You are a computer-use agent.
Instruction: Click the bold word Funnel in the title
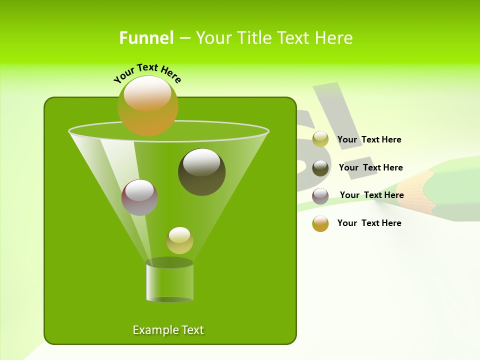click(x=146, y=38)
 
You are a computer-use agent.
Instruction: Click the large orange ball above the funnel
click(x=148, y=105)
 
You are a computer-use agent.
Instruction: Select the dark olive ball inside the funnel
click(x=201, y=172)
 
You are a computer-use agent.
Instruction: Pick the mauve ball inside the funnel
click(x=139, y=197)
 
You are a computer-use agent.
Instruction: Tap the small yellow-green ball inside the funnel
click(x=179, y=240)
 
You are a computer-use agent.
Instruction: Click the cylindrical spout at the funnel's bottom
click(x=169, y=282)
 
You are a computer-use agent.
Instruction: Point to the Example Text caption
click(x=168, y=330)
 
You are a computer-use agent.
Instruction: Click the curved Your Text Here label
click(x=147, y=72)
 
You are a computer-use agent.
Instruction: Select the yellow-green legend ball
click(x=320, y=139)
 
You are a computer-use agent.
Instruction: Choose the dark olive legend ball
click(x=320, y=168)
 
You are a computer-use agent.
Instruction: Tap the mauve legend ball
click(x=320, y=196)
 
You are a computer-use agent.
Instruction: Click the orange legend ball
click(x=320, y=223)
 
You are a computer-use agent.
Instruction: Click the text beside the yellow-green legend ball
click(x=369, y=139)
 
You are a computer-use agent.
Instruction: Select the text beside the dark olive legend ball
click(x=370, y=167)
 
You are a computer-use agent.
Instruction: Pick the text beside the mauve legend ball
click(x=371, y=195)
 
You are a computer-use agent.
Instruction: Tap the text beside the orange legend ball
click(x=369, y=223)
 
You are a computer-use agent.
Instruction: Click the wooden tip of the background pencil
click(x=410, y=187)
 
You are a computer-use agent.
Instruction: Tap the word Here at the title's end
click(x=334, y=38)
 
